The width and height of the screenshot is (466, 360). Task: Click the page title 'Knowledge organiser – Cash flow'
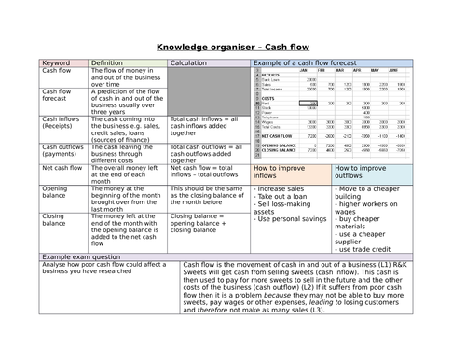(232, 46)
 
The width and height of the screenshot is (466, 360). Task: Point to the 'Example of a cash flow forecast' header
(308, 63)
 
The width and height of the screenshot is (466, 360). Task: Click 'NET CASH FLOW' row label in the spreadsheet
(277, 134)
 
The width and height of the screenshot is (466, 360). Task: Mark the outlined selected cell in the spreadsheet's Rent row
(308, 104)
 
